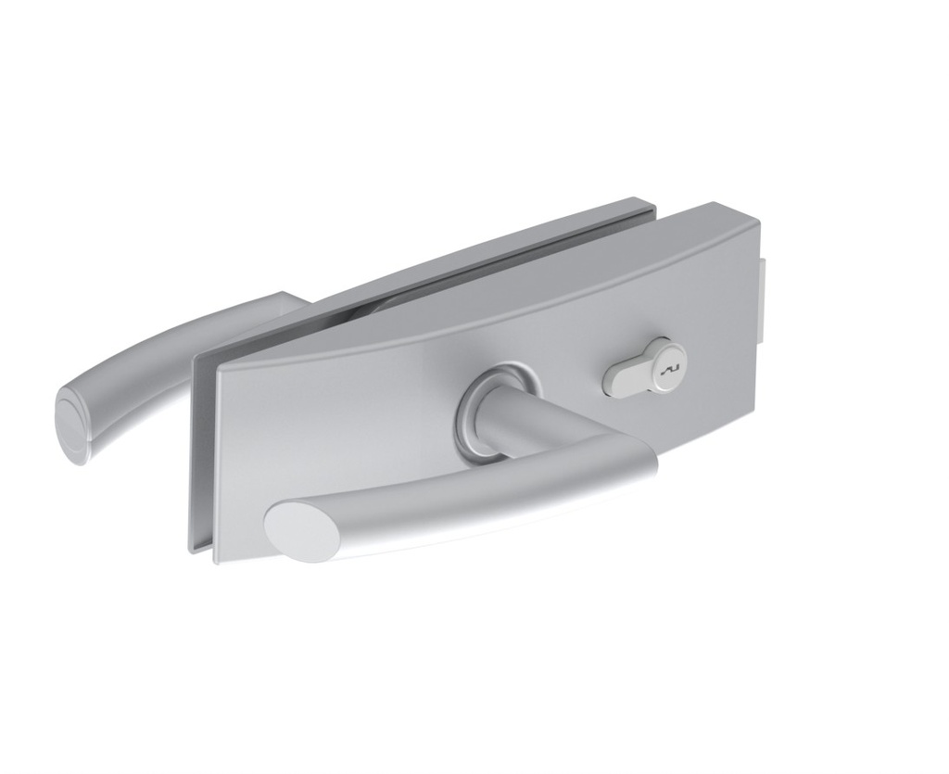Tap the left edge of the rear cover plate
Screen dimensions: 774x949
click(x=193, y=445)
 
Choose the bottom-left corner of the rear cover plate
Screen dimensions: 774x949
click(x=194, y=549)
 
